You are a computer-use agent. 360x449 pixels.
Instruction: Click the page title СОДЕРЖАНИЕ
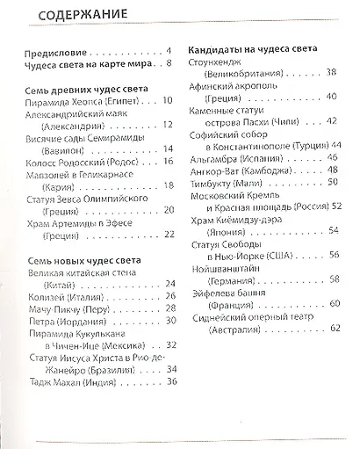69,16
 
